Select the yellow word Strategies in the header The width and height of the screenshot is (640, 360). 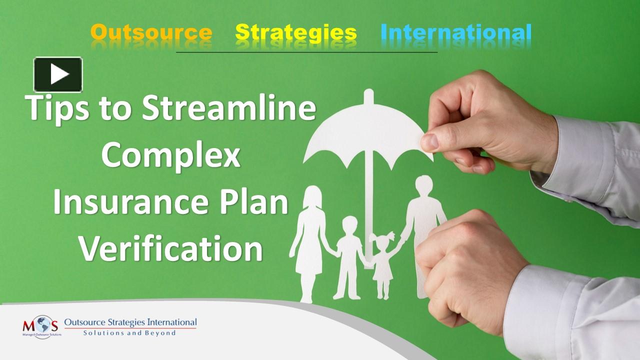296,33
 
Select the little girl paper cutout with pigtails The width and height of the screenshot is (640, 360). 382,263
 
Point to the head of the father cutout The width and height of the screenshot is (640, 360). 424,185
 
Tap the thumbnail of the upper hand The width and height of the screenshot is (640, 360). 430,142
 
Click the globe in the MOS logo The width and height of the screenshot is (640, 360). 43,324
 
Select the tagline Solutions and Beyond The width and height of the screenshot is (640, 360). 129,333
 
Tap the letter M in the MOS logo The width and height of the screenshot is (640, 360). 29,326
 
